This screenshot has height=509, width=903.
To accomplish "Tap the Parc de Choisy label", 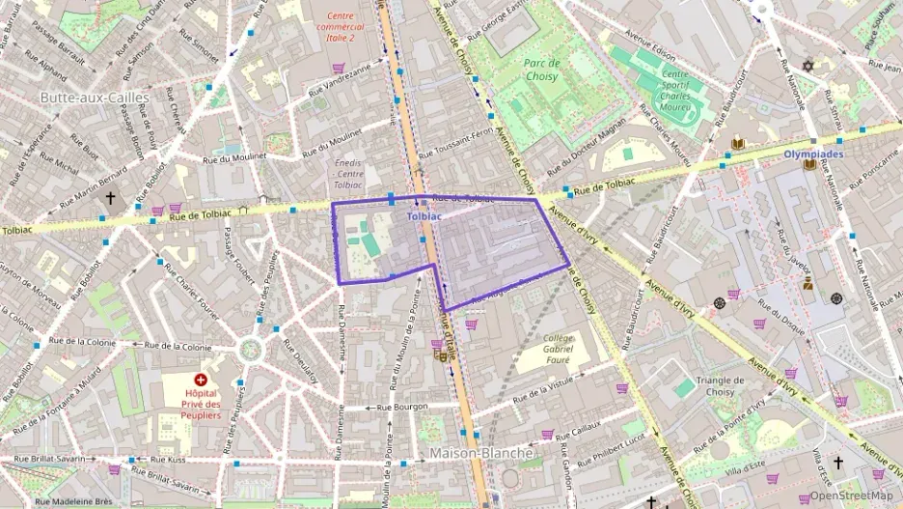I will coord(542,70).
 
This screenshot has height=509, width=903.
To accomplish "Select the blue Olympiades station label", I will coord(812,154).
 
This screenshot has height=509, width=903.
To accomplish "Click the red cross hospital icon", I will coord(202,381).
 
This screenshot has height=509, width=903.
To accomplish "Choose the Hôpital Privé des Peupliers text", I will coord(202,404).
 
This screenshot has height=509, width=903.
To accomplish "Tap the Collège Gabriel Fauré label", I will coord(559,350).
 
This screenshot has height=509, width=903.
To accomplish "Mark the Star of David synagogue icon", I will coord(808,67).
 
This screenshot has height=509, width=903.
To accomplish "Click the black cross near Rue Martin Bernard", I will coord(110,198).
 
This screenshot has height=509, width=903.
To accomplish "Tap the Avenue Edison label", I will coord(651,38).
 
